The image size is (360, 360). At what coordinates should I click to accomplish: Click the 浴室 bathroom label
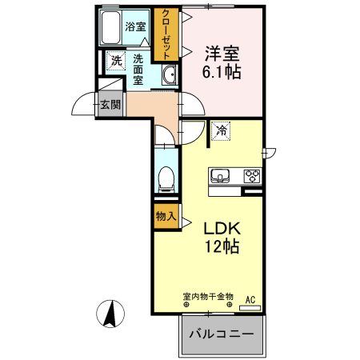(135, 26)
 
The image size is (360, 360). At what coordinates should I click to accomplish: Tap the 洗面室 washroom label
(138, 69)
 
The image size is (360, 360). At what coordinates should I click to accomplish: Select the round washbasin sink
(169, 76)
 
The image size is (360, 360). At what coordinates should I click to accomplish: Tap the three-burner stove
(252, 176)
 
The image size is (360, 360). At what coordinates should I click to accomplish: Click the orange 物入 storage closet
(166, 217)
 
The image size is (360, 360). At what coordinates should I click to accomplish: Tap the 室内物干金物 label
(208, 297)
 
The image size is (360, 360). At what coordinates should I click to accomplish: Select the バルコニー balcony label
(221, 334)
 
